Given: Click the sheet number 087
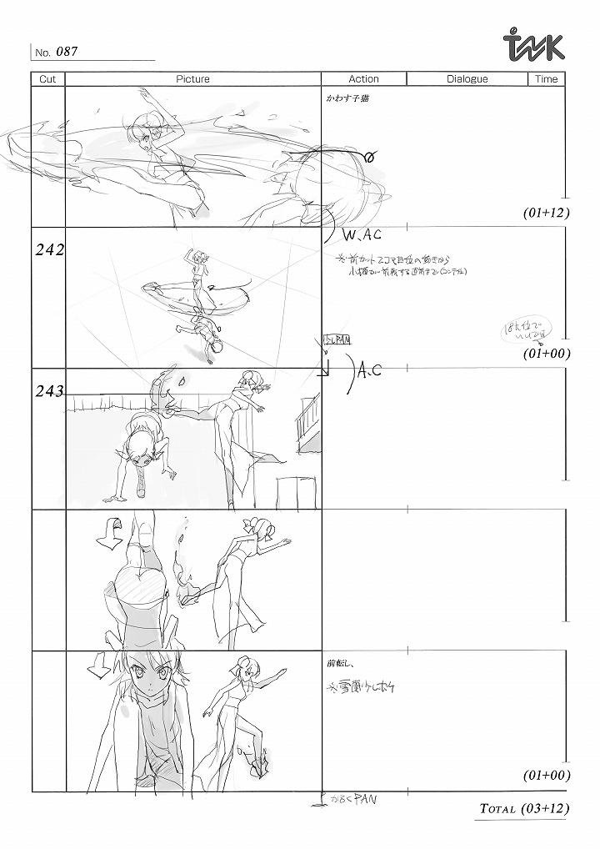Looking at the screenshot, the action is pyautogui.click(x=67, y=52).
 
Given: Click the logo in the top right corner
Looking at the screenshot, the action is pyautogui.click(x=535, y=46).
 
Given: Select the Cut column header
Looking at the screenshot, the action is pyautogui.click(x=47, y=79).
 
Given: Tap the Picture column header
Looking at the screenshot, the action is pyautogui.click(x=192, y=79).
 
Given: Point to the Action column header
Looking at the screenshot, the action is pyautogui.click(x=363, y=79).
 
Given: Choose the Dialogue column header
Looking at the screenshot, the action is pyautogui.click(x=467, y=79).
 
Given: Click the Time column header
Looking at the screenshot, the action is pyautogui.click(x=546, y=79).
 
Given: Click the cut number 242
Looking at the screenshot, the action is pyautogui.click(x=48, y=249).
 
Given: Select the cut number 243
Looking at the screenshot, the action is pyautogui.click(x=49, y=392).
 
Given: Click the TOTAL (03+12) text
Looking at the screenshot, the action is pyautogui.click(x=524, y=809).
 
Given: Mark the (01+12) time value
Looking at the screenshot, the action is pyautogui.click(x=547, y=213).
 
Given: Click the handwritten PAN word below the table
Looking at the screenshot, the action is pyautogui.click(x=365, y=799).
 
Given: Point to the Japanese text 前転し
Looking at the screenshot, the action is pyautogui.click(x=342, y=665).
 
